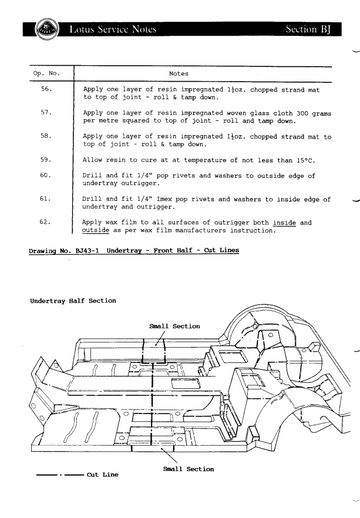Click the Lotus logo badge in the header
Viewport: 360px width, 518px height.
47,29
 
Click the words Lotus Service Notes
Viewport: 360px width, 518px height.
113,29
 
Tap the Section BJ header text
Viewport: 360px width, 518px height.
308,29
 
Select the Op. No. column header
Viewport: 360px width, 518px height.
46,73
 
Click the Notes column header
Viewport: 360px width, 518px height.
179,74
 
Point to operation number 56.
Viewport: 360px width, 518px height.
47,89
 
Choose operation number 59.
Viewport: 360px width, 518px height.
46,160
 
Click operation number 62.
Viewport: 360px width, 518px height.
45,222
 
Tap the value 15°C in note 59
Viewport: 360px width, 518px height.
305,160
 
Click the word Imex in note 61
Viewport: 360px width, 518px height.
164,199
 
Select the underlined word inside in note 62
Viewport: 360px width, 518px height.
284,223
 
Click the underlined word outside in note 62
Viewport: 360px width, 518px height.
95,230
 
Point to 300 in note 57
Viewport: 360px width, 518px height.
302,113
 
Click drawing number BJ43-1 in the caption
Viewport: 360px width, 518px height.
87,250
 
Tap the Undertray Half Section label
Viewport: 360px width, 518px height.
73,301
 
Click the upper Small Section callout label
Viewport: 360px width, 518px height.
175,326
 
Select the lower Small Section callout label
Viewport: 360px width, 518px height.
189,469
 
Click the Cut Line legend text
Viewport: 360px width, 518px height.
102,474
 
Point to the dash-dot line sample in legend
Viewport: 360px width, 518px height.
60,475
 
